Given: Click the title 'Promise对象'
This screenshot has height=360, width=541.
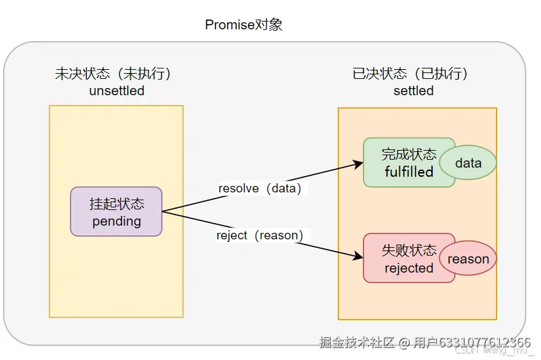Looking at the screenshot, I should (x=243, y=25).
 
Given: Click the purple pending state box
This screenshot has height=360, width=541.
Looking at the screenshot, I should (x=116, y=211).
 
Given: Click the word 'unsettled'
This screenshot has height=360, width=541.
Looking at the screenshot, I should (x=117, y=91).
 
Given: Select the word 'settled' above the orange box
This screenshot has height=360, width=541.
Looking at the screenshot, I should (x=413, y=91).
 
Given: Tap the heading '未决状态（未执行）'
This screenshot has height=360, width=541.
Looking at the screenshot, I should (x=117, y=74).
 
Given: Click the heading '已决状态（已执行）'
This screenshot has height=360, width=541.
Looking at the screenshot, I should (x=410, y=74).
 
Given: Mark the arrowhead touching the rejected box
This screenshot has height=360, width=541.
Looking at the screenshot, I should (x=358, y=256).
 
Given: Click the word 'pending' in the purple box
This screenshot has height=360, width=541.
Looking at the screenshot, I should (x=117, y=221).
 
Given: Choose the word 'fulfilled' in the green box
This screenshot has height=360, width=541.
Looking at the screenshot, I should (x=409, y=172).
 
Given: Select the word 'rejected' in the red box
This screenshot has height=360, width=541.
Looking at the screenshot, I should (x=409, y=268).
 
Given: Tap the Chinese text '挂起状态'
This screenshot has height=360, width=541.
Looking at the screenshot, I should (x=117, y=203).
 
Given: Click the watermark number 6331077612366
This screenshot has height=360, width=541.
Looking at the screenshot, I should (x=484, y=342).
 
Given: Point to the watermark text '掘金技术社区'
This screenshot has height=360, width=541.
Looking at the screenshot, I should (x=357, y=342).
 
